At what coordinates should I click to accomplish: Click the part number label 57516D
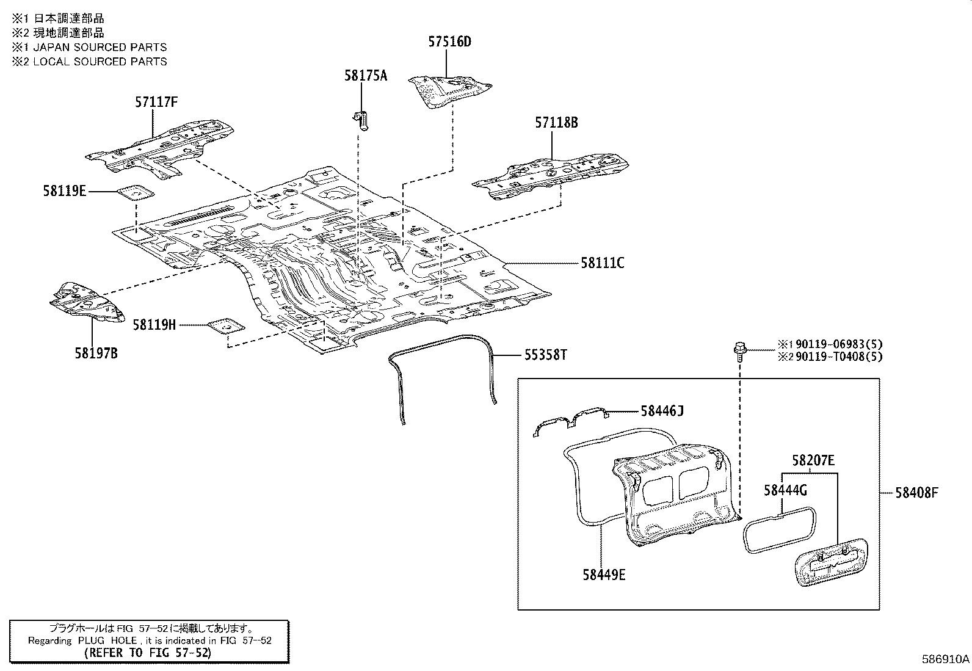pos(449,42)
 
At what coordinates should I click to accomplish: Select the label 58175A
pos(365,76)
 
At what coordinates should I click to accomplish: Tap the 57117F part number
pos(156,102)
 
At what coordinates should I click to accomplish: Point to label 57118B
pos(556,123)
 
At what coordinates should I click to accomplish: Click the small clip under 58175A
pos(361,120)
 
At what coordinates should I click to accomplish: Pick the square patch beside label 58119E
pos(136,192)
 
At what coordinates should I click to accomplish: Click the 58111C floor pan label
pos(602,263)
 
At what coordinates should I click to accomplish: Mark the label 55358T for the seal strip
pos(545,355)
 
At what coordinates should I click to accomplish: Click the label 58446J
pos(662,411)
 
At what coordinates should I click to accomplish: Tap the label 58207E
pos(813,460)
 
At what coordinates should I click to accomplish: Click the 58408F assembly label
pos(916,492)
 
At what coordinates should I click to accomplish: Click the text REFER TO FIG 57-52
pos(149,653)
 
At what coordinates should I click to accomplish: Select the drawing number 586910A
pos(945,659)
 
